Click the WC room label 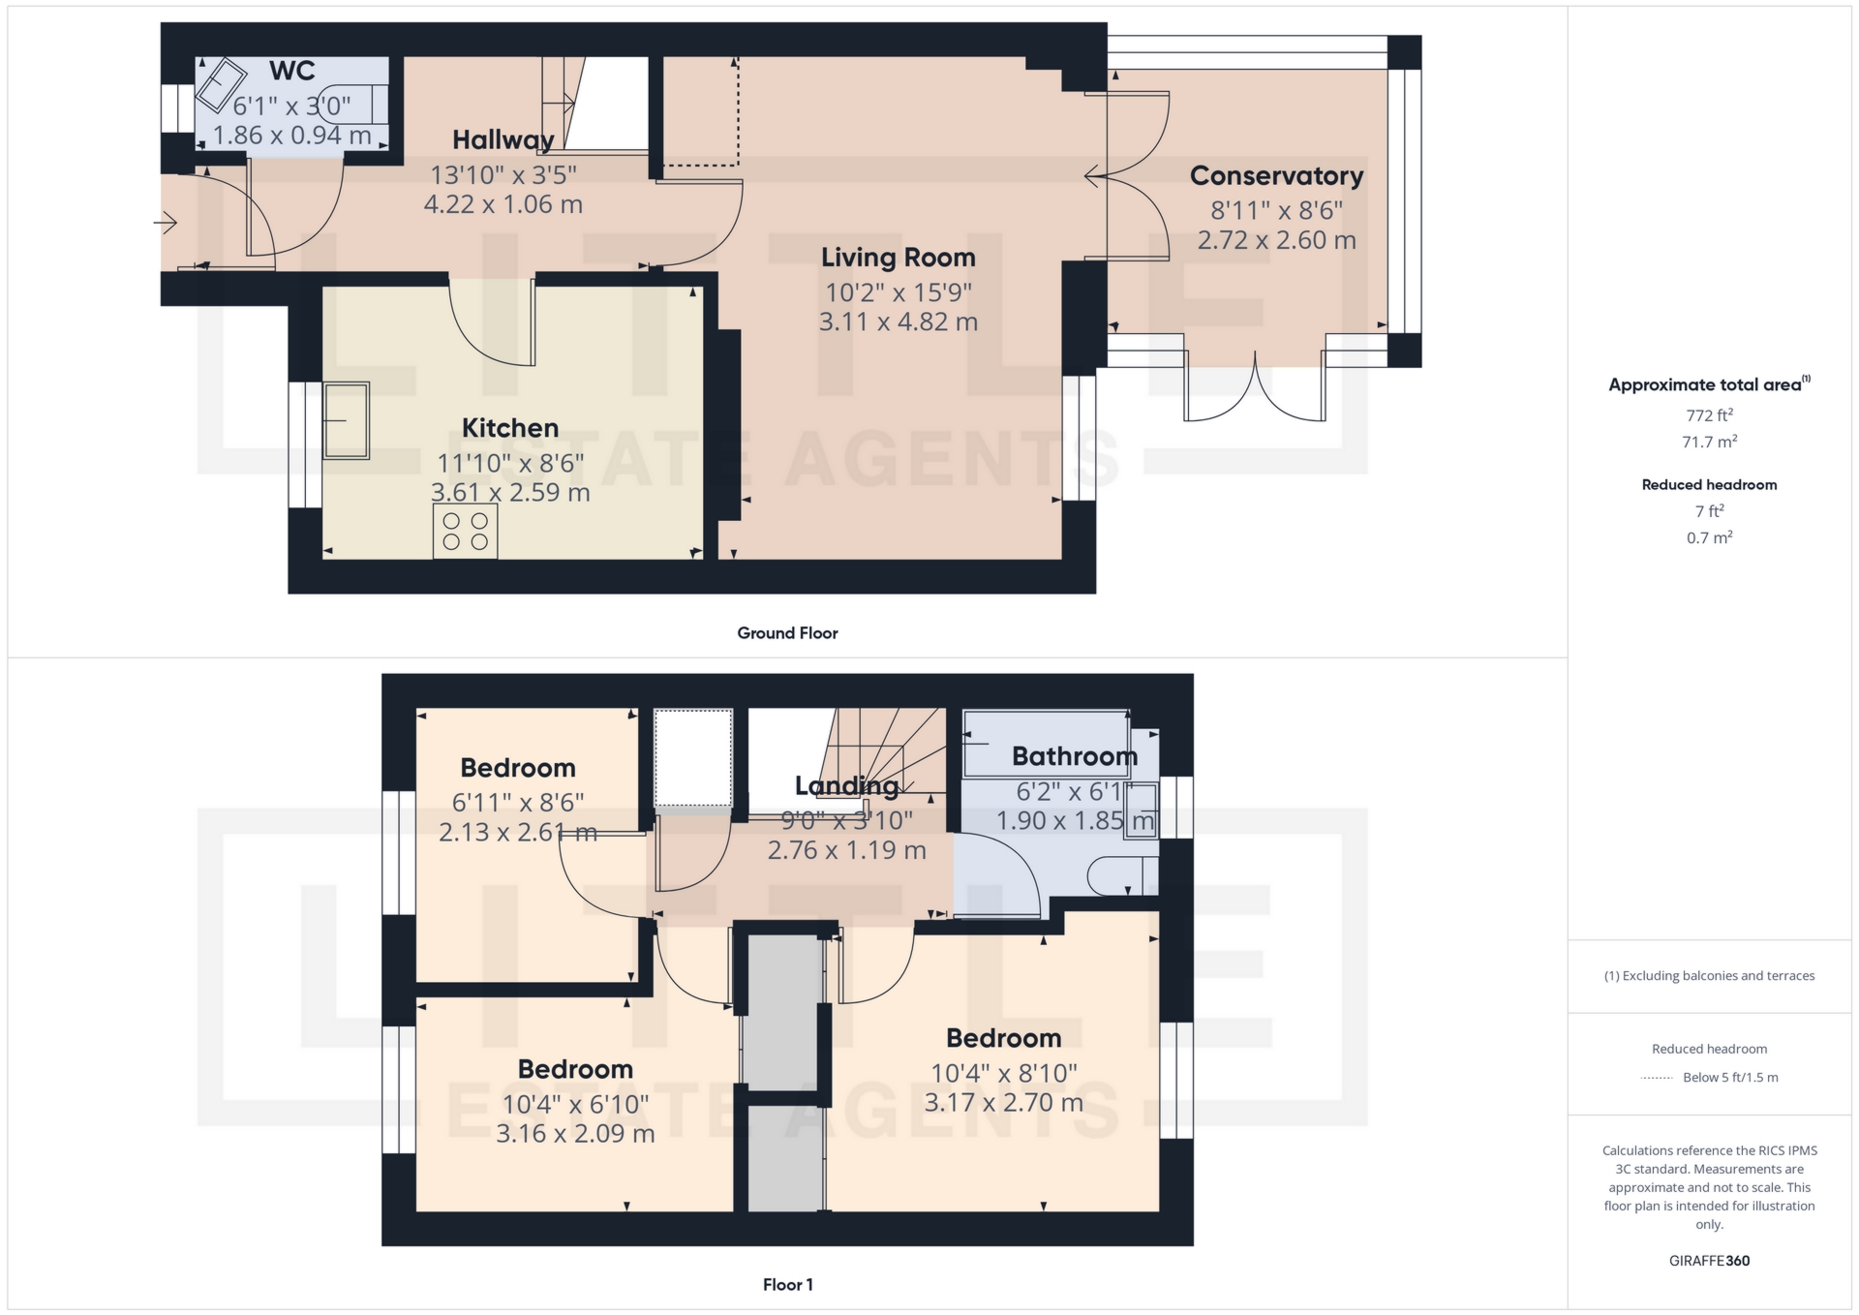(x=291, y=71)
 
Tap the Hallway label (x=503, y=140)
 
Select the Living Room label (x=899, y=258)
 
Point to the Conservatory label (x=1276, y=175)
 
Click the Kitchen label (x=510, y=428)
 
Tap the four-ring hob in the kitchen (x=465, y=532)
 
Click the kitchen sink (x=346, y=420)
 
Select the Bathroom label (x=1075, y=756)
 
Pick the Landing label (x=847, y=786)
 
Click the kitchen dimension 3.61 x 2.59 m (x=510, y=492)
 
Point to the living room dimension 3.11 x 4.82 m (x=899, y=321)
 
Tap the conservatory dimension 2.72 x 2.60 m (x=1276, y=240)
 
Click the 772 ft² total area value (x=1709, y=415)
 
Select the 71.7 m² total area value (x=1709, y=442)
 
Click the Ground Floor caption (x=787, y=633)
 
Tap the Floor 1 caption (x=787, y=1285)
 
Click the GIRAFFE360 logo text (x=1709, y=1261)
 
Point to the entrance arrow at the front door (x=166, y=224)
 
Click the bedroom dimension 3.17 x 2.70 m (x=1003, y=1103)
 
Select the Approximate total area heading (x=1709, y=384)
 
